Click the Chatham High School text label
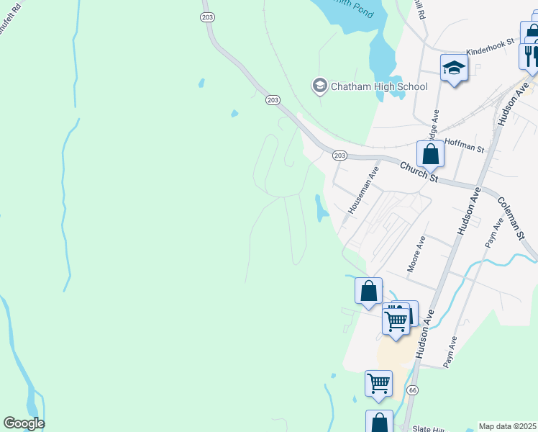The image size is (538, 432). pyautogui.click(x=378, y=87)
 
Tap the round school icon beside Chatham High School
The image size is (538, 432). pyautogui.click(x=319, y=86)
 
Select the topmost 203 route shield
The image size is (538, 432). pyautogui.click(x=208, y=16)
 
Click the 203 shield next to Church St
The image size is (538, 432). pyautogui.click(x=340, y=156)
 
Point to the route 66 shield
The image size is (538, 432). pyautogui.click(x=412, y=390)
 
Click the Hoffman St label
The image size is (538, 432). pyautogui.click(x=465, y=145)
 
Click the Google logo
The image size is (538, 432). pyautogui.click(x=24, y=423)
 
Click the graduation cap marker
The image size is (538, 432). pyautogui.click(x=454, y=68)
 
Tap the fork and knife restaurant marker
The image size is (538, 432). pyautogui.click(x=530, y=55)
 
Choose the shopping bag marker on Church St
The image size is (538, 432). pyautogui.click(x=429, y=154)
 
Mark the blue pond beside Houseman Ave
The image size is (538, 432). pyautogui.click(x=319, y=208)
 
